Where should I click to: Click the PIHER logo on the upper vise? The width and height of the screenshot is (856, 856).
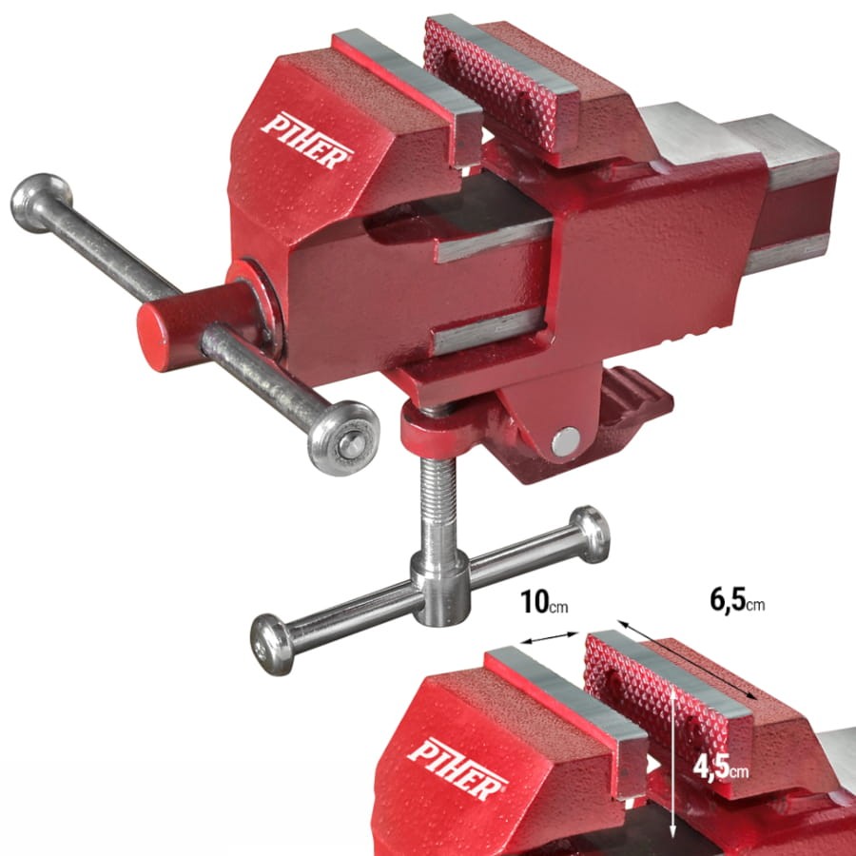307,141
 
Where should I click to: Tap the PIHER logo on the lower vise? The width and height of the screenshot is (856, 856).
457,768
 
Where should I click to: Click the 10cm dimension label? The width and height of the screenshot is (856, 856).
544,602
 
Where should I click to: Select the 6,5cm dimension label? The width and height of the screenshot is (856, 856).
737,600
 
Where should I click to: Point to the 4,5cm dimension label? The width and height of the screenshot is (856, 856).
721,768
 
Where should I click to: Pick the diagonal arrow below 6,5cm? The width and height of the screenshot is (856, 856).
688,659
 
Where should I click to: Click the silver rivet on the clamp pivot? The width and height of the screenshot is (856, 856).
566,441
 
